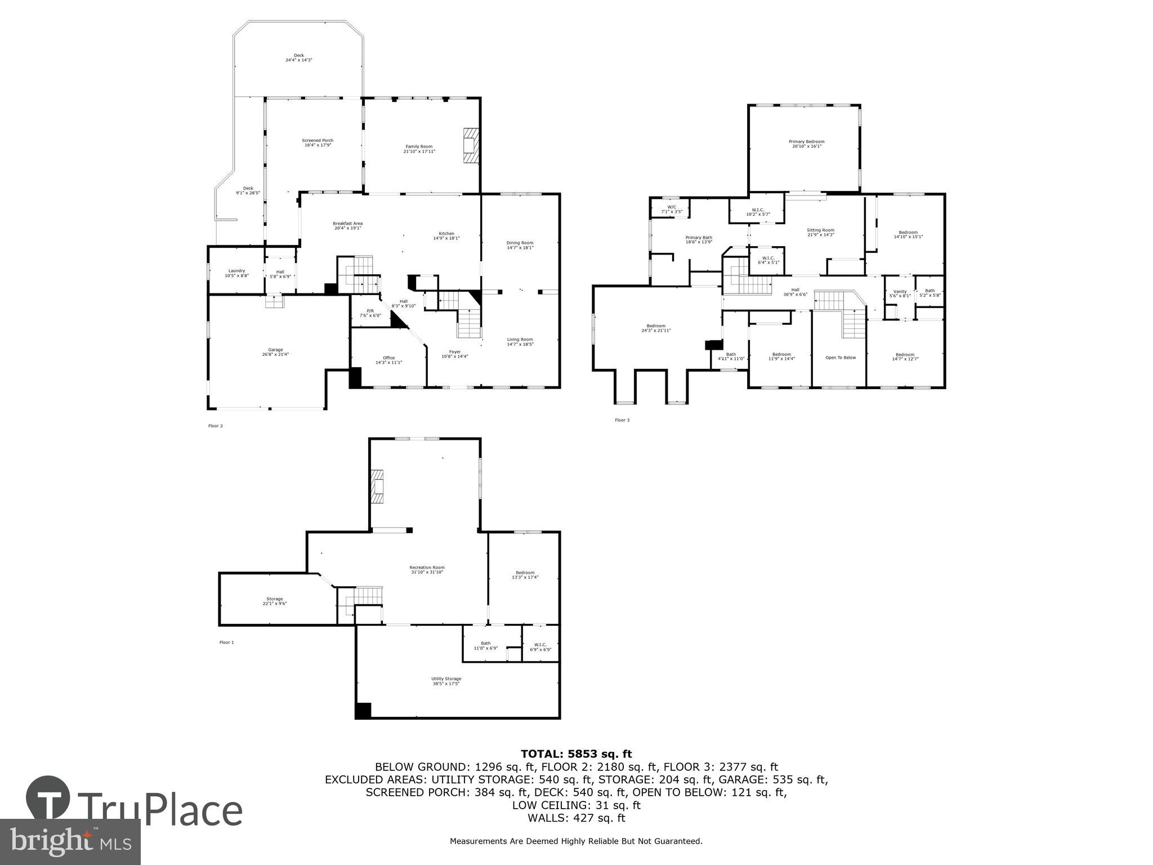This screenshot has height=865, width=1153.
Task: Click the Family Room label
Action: [419, 149]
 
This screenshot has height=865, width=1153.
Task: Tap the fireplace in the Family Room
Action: [470, 145]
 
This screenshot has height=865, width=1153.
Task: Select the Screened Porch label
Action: [318, 142]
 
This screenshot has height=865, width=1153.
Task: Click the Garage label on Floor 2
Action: [275, 352]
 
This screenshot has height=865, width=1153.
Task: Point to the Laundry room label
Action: [236, 273]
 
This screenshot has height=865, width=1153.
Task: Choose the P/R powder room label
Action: [370, 313]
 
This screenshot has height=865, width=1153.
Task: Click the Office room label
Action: [388, 360]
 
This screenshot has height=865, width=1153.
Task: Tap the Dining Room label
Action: [520, 245]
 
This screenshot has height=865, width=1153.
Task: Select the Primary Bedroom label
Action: [806, 144]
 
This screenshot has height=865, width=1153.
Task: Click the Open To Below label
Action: [840, 358]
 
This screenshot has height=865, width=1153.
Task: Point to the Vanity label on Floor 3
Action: [900, 293]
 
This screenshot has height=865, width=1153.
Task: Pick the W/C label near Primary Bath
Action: [671, 209]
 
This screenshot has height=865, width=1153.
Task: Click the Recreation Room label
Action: [427, 569]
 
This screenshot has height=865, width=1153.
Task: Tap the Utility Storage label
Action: [446, 681]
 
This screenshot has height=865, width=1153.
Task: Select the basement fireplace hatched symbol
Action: [377, 487]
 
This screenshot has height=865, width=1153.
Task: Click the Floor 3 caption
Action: [622, 420]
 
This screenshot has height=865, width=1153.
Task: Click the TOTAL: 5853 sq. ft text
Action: [576, 754]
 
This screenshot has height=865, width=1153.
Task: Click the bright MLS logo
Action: [70, 841]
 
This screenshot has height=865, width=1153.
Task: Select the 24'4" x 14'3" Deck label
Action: [298, 57]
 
